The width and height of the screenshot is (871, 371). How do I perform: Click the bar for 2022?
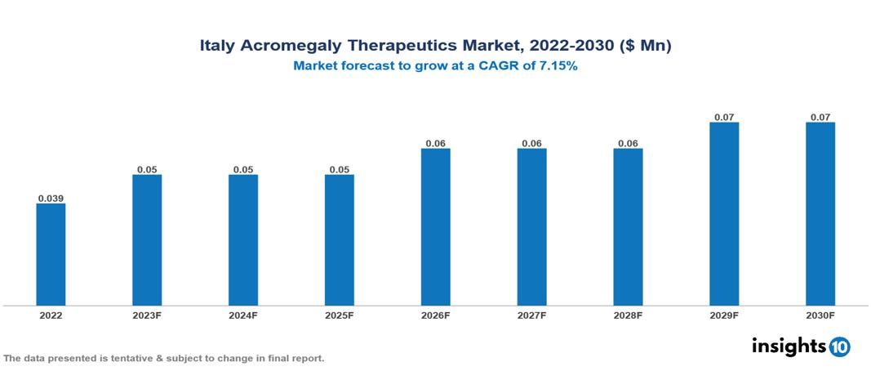pos(51,254)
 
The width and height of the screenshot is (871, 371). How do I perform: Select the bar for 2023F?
pos(147,239)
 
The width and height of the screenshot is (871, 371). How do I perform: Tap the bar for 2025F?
pos(340,239)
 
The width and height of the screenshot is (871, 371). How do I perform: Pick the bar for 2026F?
pos(436,226)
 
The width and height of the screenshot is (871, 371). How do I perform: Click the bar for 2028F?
pos(628,226)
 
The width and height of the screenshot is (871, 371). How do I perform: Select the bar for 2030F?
pos(820,213)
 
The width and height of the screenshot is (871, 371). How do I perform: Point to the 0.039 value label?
pos(51,199)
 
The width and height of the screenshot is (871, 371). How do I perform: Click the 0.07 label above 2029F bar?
pos(724,118)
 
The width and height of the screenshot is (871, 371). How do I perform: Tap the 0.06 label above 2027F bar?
pos(531,144)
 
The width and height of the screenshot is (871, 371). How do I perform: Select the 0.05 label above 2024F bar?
pos(243,170)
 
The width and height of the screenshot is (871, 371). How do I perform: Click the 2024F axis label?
pos(243,315)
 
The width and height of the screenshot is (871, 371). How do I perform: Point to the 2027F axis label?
pos(531,315)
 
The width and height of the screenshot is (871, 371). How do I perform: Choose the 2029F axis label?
pos(724,315)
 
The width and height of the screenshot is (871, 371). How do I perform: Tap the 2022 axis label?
pos(51,315)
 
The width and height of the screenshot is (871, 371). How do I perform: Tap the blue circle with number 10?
pos(839,346)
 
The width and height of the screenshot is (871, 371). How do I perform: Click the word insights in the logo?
pos(789,346)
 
